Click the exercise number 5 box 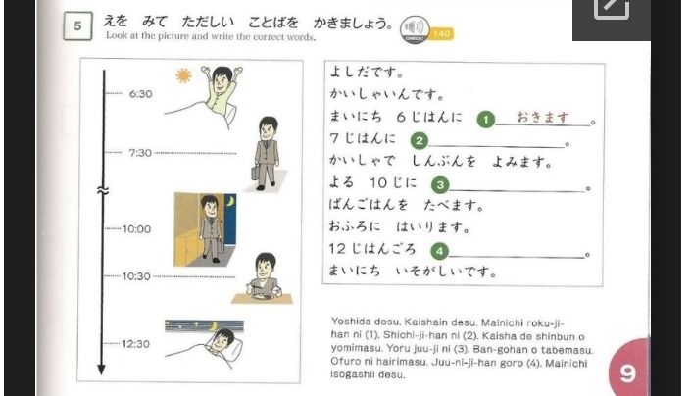77,26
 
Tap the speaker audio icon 415,29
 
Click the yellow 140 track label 441,34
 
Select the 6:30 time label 140,94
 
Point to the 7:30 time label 140,153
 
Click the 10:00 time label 136,229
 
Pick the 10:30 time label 136,276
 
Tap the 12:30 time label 135,344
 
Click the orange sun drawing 183,75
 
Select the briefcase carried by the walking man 255,173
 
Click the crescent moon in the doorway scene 230,201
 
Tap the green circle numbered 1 486,120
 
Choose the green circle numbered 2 420,141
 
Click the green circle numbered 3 440,185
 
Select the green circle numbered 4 439,251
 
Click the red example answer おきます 542,118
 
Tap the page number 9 627,373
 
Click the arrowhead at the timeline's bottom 101,370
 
